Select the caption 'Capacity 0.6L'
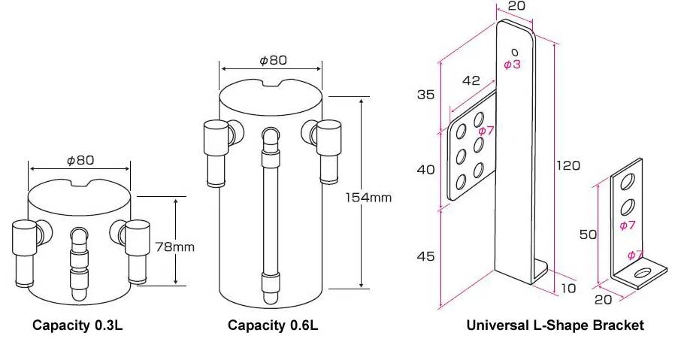point(273,325)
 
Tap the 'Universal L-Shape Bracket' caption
point(555,325)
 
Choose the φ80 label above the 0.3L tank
point(80,159)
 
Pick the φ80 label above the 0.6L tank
point(273,59)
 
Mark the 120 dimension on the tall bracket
point(568,165)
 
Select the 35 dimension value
point(425,95)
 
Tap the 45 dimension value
point(425,256)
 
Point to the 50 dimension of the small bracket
point(588,234)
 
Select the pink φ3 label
point(512,65)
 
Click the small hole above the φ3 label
point(515,51)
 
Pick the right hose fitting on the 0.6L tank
point(328,150)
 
